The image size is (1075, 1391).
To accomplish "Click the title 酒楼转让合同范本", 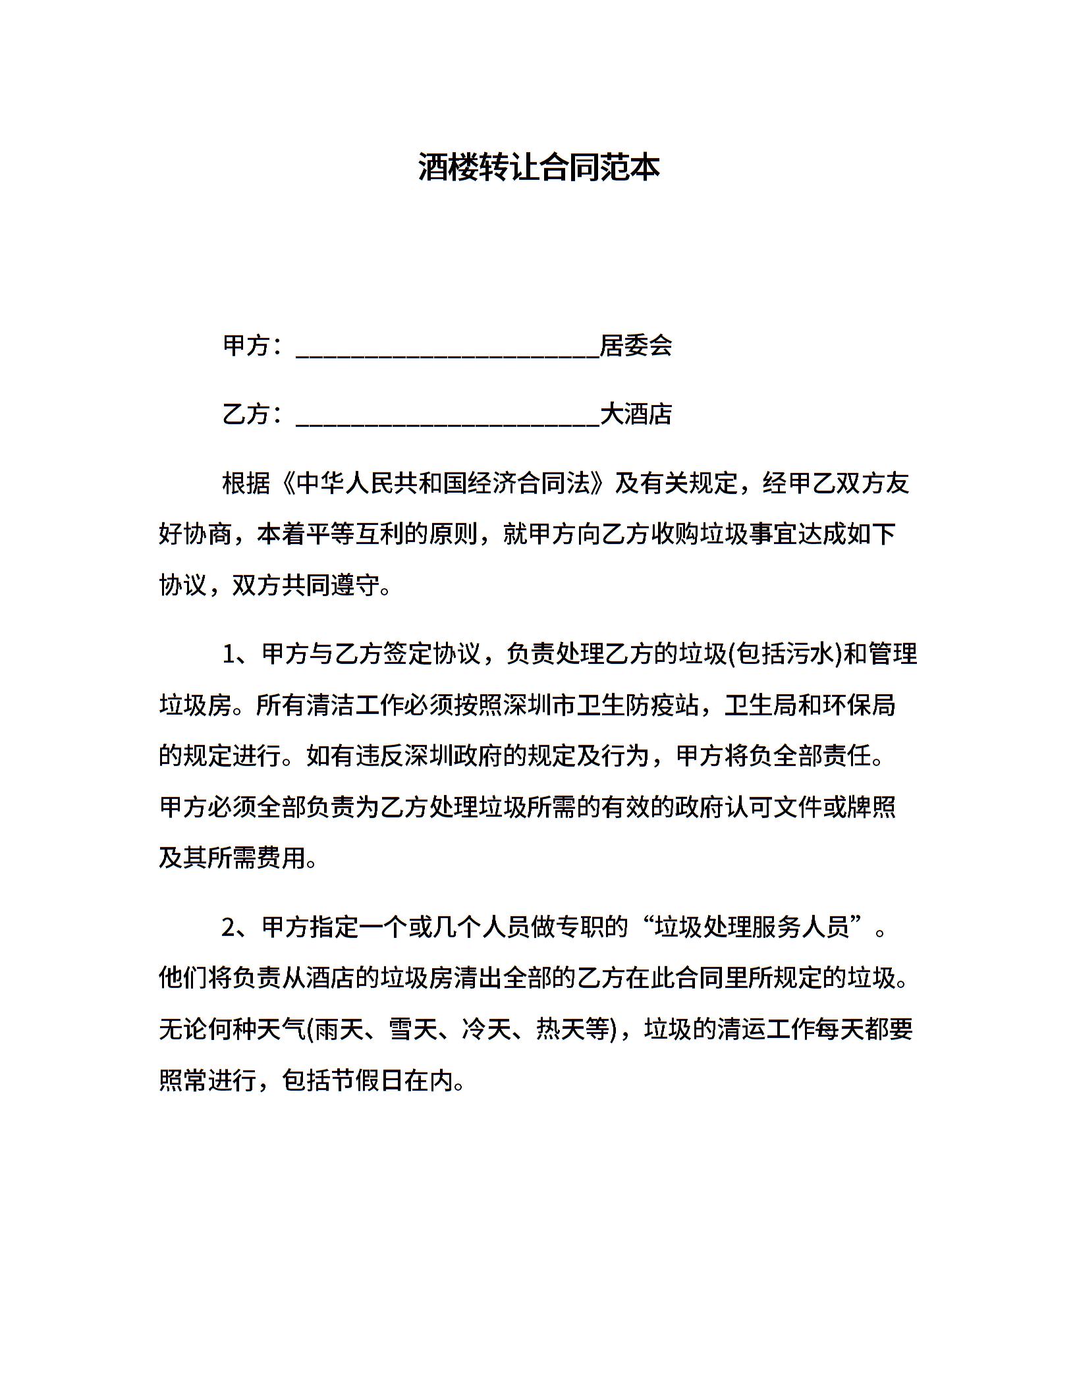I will [538, 168].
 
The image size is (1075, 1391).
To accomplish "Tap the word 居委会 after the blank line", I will [636, 346].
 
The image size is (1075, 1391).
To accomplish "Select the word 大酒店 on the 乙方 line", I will [636, 414].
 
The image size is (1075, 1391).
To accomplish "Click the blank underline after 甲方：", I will [448, 349].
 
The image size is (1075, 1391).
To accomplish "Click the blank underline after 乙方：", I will [448, 418].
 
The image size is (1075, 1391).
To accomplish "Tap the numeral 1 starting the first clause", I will [229, 655].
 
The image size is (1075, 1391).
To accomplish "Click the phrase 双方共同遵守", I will [306, 585].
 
